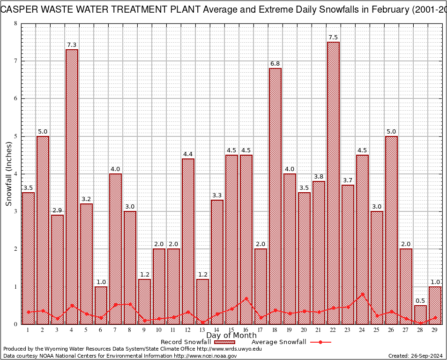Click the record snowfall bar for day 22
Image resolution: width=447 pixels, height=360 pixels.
coord(333,183)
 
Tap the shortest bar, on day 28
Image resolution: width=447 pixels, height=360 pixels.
coord(420,315)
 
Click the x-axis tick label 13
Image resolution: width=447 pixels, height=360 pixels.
coord(202,330)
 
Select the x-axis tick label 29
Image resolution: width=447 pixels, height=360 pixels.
coord(435,330)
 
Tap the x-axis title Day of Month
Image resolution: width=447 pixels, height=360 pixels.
coord(231,336)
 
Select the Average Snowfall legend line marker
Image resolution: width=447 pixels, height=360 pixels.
coord(320,342)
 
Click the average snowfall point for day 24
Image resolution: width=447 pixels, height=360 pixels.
coord(362,294)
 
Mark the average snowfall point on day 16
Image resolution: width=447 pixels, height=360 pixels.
coord(246,298)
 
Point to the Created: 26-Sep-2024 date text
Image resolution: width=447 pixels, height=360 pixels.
coord(416,356)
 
